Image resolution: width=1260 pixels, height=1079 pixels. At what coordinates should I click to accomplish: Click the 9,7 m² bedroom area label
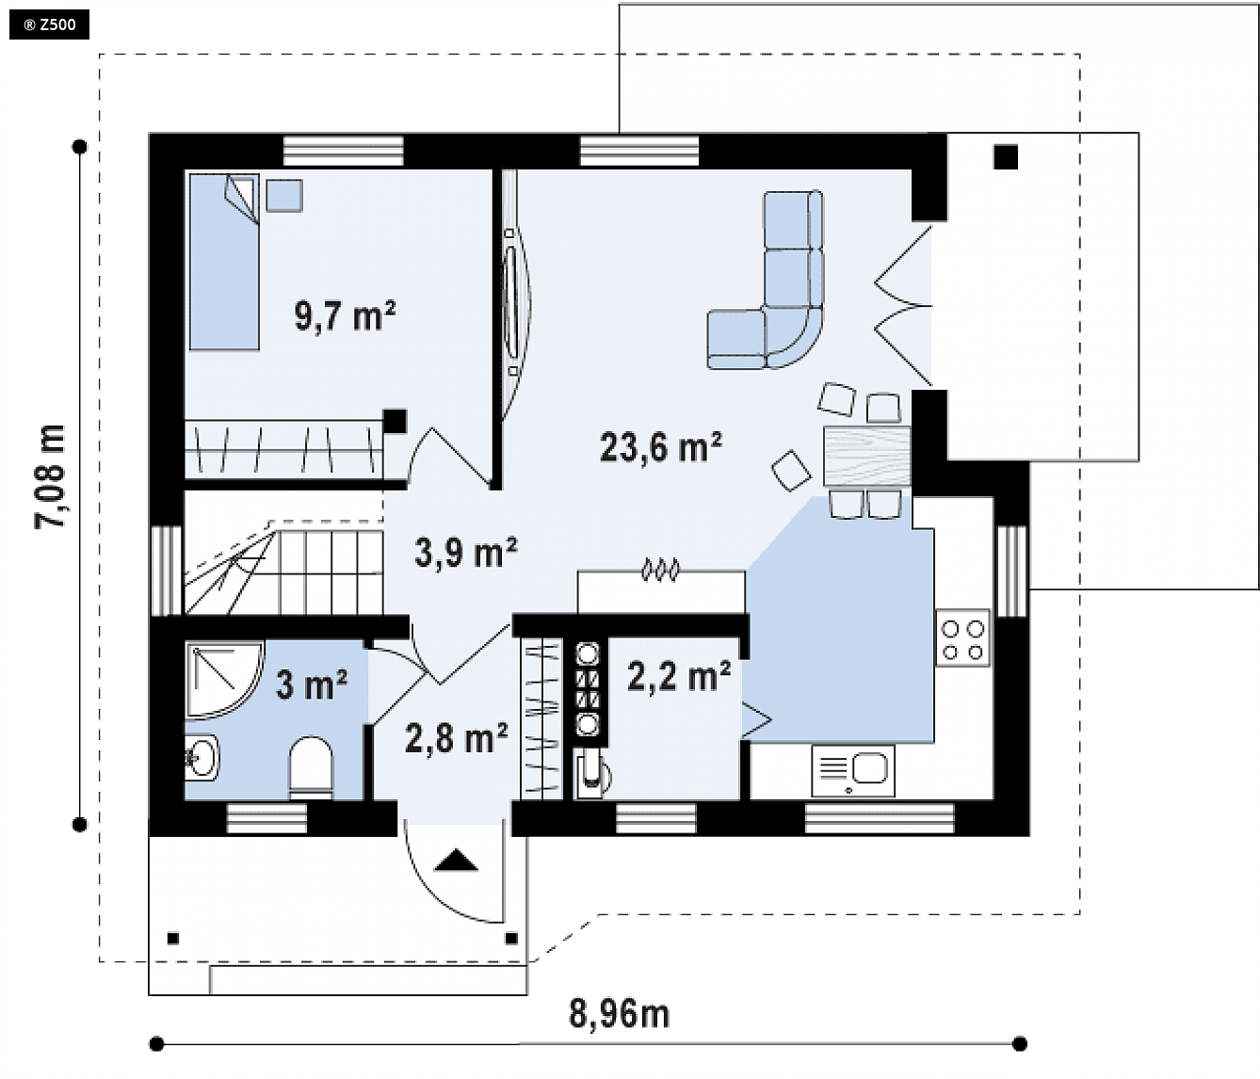point(345,315)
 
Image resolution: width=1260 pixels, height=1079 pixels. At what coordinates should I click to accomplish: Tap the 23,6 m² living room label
point(660,446)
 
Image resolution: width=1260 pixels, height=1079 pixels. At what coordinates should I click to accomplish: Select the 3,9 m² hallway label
point(465,552)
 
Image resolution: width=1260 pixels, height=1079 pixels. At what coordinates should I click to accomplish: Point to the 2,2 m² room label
point(678,675)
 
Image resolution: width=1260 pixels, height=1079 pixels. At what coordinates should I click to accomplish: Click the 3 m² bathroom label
point(311,684)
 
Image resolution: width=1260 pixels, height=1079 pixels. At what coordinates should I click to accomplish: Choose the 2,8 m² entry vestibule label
point(456,738)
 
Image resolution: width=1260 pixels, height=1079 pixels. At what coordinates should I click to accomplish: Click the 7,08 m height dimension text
point(51,476)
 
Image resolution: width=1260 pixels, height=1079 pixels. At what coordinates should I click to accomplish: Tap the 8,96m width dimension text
point(619,1014)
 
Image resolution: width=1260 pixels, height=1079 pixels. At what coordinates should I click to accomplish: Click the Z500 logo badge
point(49,24)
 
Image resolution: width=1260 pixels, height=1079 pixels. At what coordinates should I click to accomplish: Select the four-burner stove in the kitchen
point(962,638)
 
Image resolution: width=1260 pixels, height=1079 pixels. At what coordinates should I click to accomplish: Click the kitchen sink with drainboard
point(852,770)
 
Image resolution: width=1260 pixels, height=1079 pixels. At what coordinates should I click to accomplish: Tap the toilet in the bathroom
point(310,767)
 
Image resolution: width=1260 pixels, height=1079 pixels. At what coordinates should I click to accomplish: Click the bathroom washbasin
point(202,757)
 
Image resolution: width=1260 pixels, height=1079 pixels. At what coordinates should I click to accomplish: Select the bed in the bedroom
point(224,262)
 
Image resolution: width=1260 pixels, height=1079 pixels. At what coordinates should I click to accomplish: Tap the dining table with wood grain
point(866,456)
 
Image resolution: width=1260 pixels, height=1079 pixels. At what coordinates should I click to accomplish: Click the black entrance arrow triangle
point(456,860)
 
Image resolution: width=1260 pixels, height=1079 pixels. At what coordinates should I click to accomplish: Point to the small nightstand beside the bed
point(283,195)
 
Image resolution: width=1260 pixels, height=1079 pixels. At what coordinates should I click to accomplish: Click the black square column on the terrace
point(1006,156)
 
